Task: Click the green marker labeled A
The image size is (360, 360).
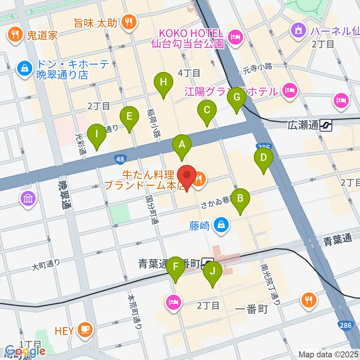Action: coord(182,145)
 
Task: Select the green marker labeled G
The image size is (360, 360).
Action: coord(237,97)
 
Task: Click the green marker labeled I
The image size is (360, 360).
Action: coord(97,134)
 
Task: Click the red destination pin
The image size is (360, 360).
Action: coord(187,176)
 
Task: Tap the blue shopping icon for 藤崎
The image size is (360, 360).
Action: coord(221,225)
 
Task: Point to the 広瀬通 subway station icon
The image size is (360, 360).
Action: coord(326,125)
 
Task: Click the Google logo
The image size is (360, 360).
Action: coord(22,351)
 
